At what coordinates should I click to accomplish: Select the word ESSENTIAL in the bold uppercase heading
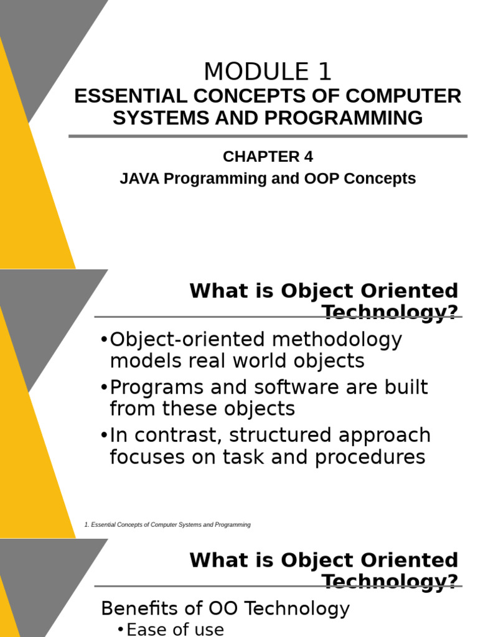click(118, 96)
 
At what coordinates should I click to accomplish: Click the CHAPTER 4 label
click(268, 157)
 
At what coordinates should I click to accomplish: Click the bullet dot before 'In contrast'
click(103, 435)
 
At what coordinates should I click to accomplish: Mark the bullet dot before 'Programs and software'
click(103, 388)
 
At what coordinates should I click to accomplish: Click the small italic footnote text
click(167, 525)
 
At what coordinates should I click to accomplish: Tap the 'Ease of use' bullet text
click(175, 630)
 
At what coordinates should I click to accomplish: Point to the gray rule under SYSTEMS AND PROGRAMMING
click(268, 136)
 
